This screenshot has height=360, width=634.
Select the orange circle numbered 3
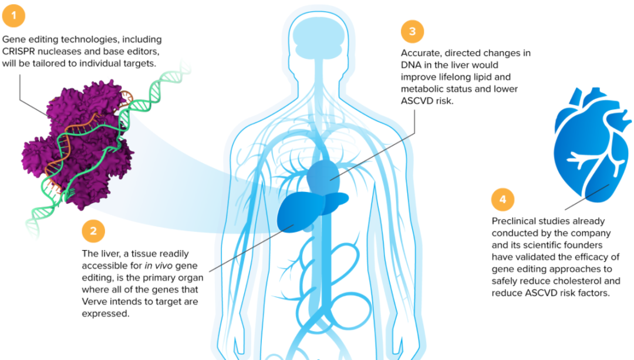coord(412,31)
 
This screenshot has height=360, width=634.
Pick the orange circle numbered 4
coord(503,199)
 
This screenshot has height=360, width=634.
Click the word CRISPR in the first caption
coord(21,51)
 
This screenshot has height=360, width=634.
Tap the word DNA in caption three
coord(413,65)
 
